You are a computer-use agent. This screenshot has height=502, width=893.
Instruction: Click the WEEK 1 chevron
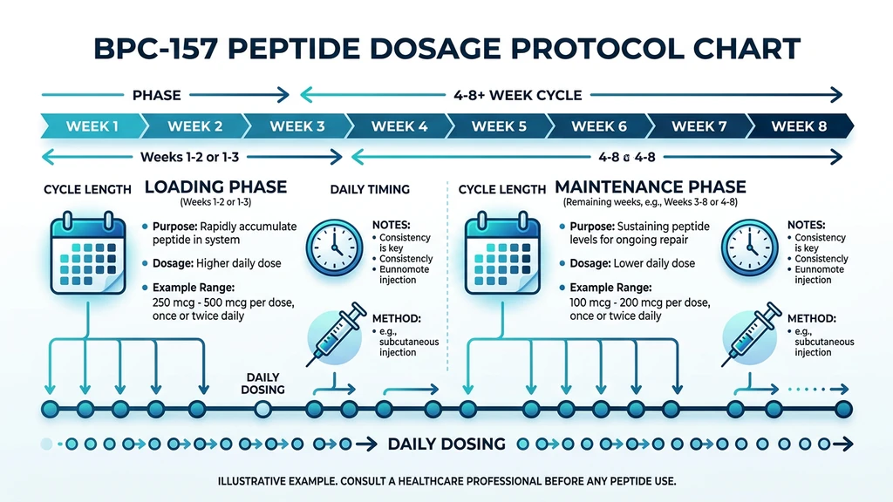[x=92, y=126]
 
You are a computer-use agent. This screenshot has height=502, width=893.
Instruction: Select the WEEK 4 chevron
[x=399, y=126]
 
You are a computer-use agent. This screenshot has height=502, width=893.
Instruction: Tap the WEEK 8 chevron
[x=798, y=126]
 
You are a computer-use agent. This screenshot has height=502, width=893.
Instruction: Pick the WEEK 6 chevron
[x=598, y=126]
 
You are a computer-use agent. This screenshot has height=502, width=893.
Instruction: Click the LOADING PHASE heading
[x=215, y=187]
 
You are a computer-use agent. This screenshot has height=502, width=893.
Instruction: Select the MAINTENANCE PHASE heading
[x=651, y=187]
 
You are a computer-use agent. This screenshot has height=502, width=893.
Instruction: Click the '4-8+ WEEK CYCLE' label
[x=517, y=95]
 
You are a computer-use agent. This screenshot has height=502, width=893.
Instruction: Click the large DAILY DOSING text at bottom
[x=446, y=444]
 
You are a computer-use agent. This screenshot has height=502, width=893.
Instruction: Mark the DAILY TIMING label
[x=370, y=189]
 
